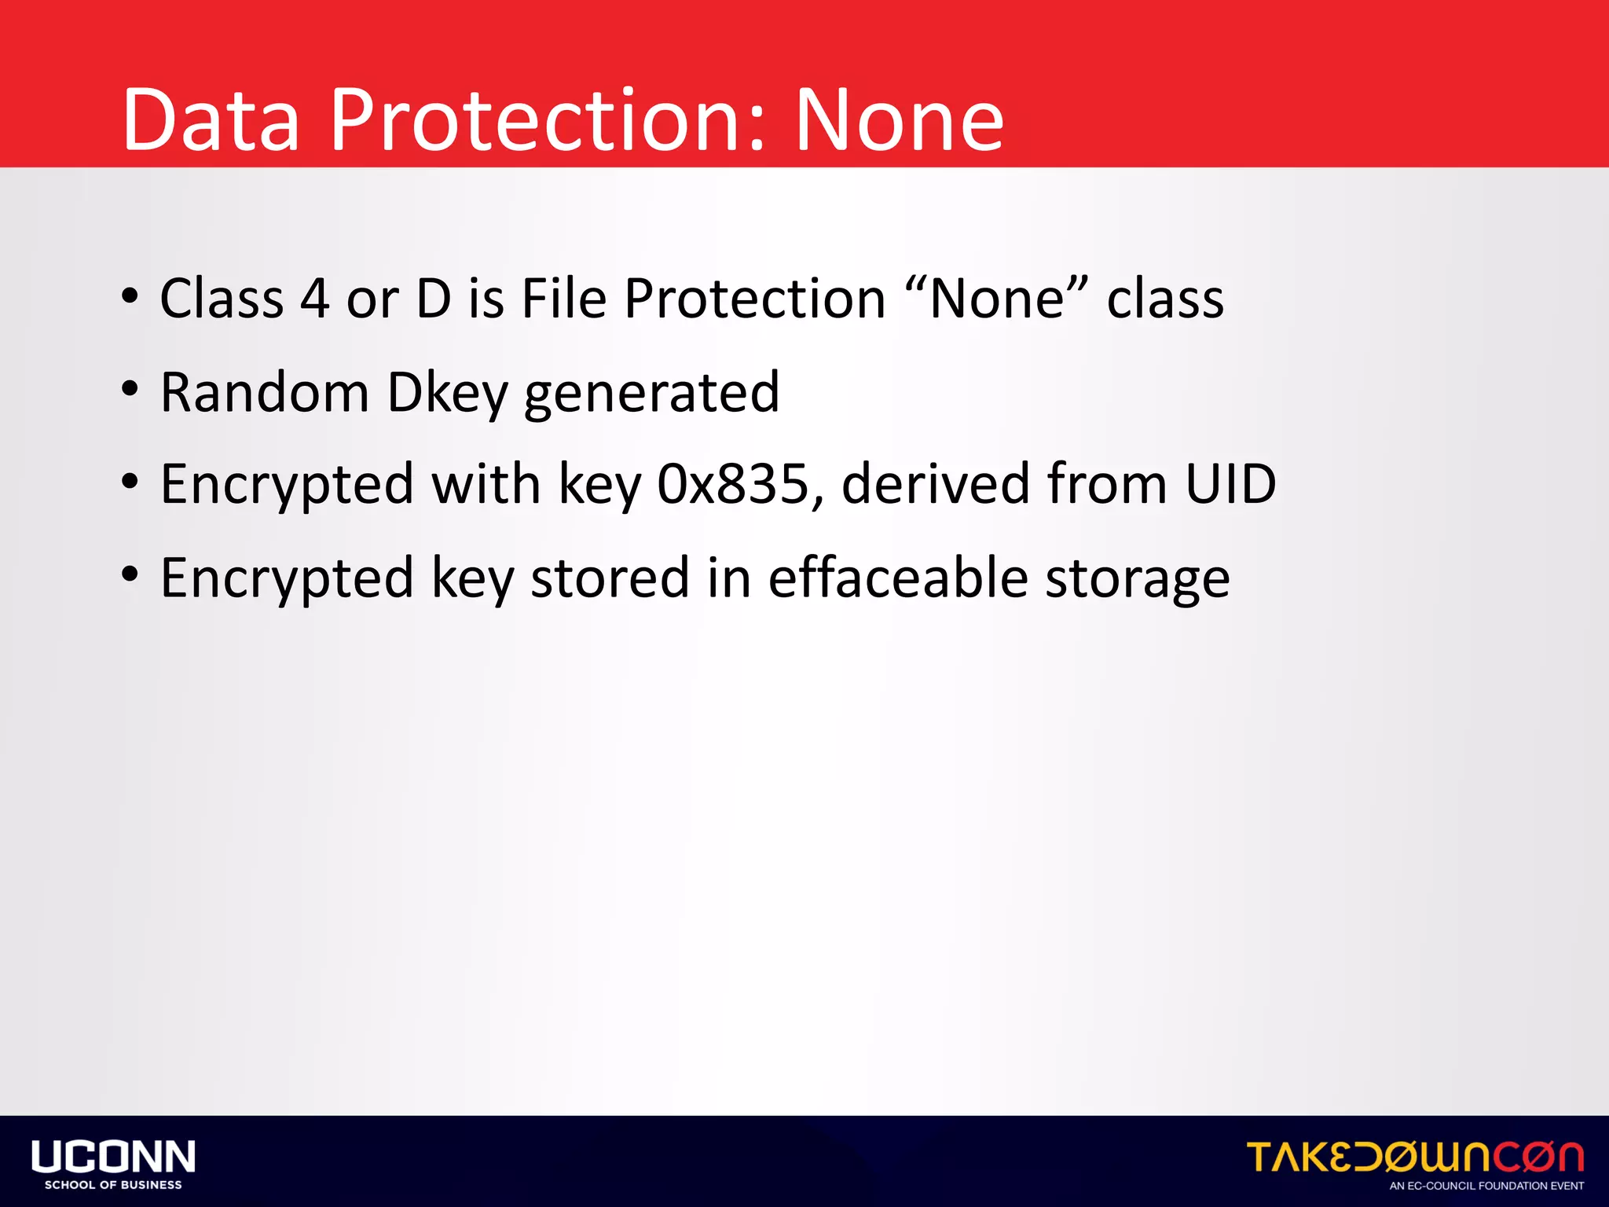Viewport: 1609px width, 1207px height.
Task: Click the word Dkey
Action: [x=448, y=392]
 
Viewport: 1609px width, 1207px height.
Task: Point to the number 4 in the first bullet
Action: [x=314, y=299]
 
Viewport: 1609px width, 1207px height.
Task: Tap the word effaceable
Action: [x=897, y=578]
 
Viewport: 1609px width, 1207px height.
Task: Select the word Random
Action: [x=265, y=392]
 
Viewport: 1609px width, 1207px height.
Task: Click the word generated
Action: [x=651, y=392]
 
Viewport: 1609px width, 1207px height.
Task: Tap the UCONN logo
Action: [x=113, y=1157]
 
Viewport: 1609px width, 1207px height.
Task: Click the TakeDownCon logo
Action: [x=1415, y=1157]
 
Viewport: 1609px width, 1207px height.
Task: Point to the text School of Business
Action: [x=113, y=1185]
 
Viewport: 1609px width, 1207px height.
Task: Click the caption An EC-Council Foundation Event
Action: [x=1486, y=1186]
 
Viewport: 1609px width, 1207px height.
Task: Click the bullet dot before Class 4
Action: [x=130, y=297]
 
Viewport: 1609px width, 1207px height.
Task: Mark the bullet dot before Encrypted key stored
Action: [x=130, y=576]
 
